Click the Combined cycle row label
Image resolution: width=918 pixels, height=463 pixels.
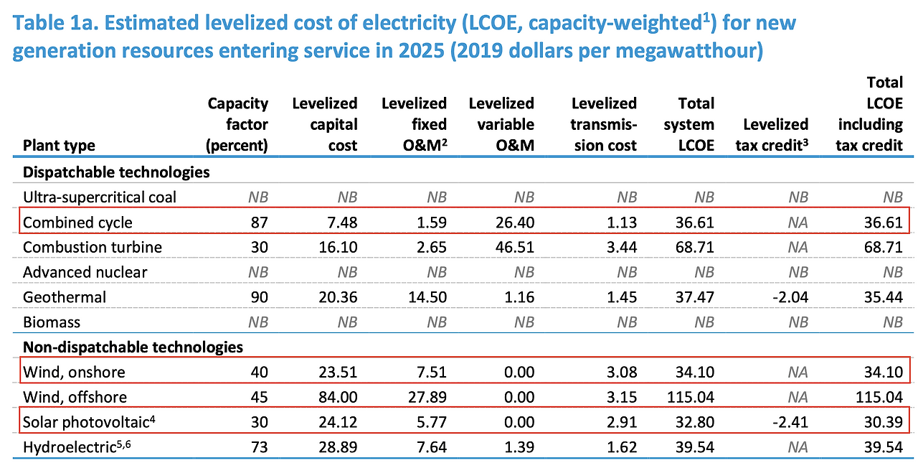pyautogui.click(x=77, y=223)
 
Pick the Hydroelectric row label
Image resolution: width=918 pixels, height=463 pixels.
pyautogui.click(x=74, y=447)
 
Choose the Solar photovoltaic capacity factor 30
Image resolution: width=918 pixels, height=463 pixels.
pyautogui.click(x=258, y=422)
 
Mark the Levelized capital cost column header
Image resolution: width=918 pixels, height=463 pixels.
pyautogui.click(x=324, y=124)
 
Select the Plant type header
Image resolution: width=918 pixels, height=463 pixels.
pyautogui.click(x=59, y=146)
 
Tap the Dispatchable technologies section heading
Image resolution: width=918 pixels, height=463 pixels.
pyautogui.click(x=116, y=172)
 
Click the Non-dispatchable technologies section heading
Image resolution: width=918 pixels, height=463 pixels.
pyautogui.click(x=133, y=347)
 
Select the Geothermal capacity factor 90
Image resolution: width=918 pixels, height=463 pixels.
pyautogui.click(x=258, y=297)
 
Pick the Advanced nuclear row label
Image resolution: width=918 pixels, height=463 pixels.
pyautogui.click(x=85, y=272)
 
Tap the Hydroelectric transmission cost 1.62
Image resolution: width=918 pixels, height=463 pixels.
pyautogui.click(x=621, y=447)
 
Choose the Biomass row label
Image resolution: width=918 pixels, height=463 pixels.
pyautogui.click(x=52, y=322)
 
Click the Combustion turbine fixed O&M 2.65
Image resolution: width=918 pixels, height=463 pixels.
pyautogui.click(x=430, y=248)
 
